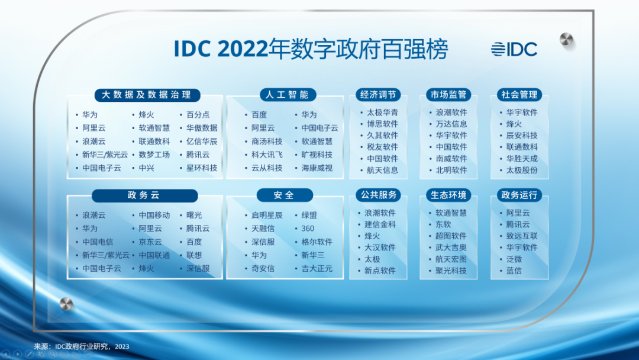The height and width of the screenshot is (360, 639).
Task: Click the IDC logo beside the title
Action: [514, 49]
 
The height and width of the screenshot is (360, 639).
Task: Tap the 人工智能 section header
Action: [287, 95]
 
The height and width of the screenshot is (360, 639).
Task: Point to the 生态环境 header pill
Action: [448, 195]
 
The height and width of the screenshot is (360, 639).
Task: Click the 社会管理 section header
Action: [519, 95]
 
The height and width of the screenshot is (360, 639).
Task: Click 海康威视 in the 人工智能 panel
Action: [317, 168]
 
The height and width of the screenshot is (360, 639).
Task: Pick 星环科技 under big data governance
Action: [202, 168]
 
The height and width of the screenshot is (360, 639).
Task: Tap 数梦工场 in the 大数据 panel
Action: [154, 155]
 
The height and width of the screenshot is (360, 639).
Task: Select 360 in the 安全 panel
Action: [308, 229]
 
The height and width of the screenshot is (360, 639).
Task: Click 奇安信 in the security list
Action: [263, 268]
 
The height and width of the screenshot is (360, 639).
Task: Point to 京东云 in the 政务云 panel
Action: [150, 242]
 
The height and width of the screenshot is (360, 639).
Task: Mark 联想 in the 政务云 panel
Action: [194, 255]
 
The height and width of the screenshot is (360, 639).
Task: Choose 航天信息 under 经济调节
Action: [382, 170]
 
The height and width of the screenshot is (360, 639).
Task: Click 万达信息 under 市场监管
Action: [451, 124]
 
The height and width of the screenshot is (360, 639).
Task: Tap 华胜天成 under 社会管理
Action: [522, 159]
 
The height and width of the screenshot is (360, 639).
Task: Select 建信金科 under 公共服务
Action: [380, 224]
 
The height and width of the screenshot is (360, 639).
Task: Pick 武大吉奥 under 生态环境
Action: [451, 247]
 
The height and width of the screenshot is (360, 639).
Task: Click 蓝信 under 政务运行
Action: [514, 271]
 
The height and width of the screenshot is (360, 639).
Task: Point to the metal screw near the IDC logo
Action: [567, 40]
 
